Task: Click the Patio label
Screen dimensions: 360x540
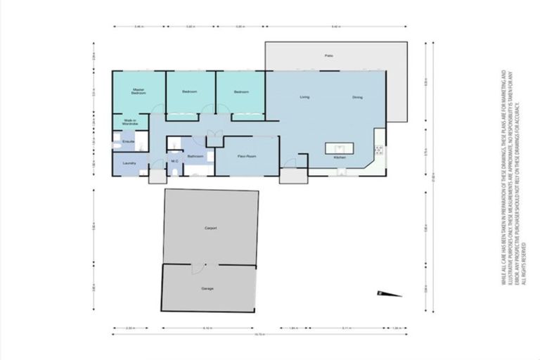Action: pos(328,55)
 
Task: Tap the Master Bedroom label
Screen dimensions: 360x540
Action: pos(139,91)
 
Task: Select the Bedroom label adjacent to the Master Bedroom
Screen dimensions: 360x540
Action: pos(190,93)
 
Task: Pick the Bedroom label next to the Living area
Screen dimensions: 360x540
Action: pos(240,93)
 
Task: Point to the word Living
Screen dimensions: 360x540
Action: pos(304,96)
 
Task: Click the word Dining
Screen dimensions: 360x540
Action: pos(357,97)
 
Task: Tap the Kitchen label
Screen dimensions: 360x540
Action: pos(340,157)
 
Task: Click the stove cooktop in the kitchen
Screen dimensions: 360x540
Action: pos(379,150)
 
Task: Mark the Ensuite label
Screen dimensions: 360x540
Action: pos(129,142)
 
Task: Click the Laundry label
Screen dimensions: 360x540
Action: pos(129,163)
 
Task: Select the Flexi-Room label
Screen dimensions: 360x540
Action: pos(246,155)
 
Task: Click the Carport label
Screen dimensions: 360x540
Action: pos(210,229)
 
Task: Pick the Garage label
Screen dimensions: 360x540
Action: pos(207,288)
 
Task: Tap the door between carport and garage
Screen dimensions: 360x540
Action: pos(199,267)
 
